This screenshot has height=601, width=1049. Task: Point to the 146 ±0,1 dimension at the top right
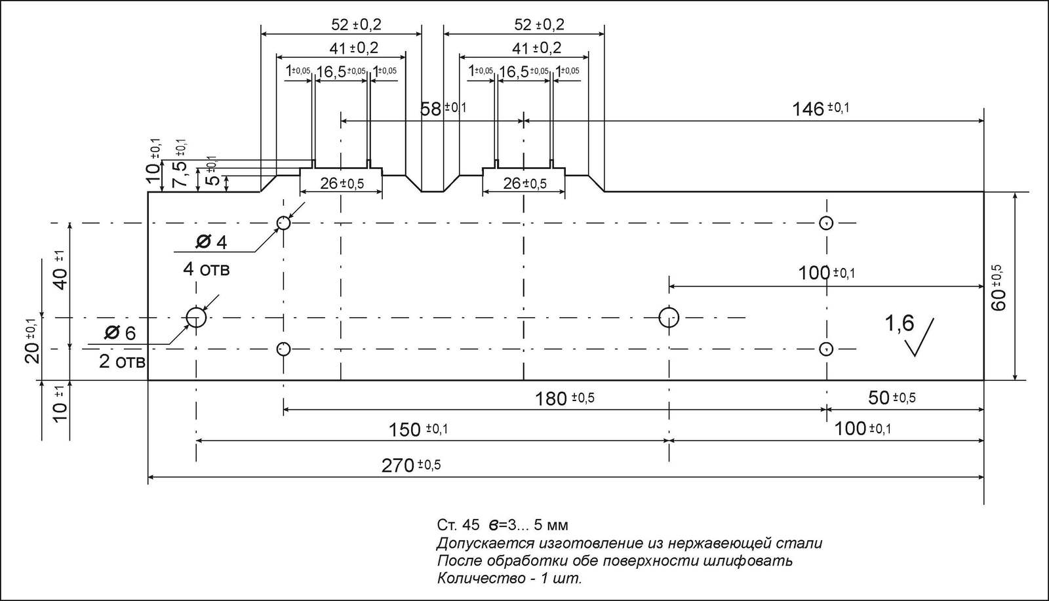[820, 109]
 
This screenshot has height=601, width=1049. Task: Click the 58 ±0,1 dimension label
[443, 109]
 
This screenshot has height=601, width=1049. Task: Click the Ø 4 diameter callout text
[211, 242]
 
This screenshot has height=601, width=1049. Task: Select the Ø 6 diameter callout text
[120, 334]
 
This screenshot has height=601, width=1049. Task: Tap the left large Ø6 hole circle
[196, 317]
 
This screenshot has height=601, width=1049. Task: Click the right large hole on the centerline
[669, 318]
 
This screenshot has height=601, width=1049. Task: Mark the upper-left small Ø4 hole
[283, 223]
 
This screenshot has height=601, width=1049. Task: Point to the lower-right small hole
[826, 348]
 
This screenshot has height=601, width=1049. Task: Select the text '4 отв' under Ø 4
[206, 269]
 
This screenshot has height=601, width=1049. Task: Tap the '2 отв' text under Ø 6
[122, 361]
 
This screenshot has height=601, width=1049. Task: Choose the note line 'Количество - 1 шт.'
[509, 579]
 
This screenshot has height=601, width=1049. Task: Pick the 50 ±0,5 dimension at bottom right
[891, 398]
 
